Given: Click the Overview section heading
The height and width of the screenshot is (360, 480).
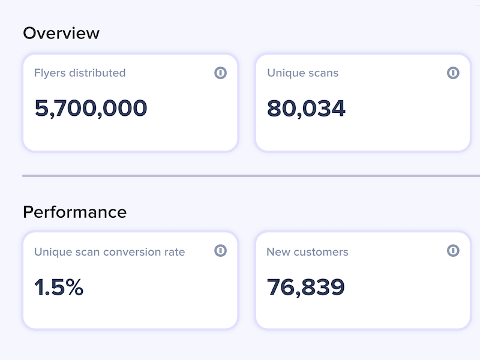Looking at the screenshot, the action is tap(61, 33).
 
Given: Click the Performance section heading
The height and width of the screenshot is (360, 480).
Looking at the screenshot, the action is tap(74, 212).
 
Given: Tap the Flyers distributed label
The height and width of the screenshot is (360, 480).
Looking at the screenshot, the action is tap(80, 73).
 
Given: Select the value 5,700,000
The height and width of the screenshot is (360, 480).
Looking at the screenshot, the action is tap(91, 109).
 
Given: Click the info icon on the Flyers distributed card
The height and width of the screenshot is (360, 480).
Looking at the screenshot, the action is tap(220, 73).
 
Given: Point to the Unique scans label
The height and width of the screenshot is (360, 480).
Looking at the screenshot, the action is tap(303, 73).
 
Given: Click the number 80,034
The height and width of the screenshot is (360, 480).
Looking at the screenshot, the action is tap(306, 109).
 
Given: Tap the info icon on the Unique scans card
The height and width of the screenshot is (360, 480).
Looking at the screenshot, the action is tap(453, 73).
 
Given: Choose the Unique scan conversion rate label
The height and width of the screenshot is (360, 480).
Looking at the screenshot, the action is tap(110, 252).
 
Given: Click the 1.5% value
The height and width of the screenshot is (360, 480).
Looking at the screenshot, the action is tap(59, 287).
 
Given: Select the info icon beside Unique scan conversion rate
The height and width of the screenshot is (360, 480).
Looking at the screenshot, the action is tap(220, 250).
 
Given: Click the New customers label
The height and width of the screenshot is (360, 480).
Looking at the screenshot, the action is tap(308, 252).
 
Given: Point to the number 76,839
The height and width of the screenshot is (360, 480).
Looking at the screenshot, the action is tap(306, 287).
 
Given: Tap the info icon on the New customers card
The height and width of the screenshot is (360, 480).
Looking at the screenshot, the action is tap(453, 250).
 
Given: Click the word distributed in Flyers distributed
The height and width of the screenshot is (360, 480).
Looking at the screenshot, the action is tap(97, 73).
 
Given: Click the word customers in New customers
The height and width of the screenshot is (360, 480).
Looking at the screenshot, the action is tap(321, 252).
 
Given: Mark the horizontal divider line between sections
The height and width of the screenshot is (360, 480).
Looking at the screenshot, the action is tap(251, 176).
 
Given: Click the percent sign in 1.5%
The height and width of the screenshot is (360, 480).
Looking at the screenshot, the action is tap(74, 287).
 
